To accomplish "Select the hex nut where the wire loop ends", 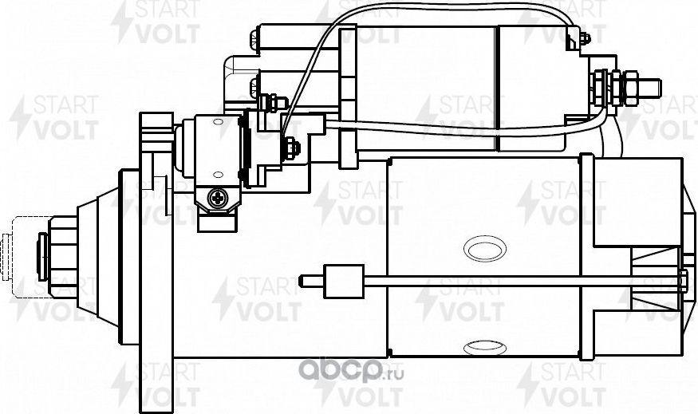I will pyautogui.click(x=290, y=146).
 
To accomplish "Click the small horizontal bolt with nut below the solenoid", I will pyautogui.click(x=271, y=101).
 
